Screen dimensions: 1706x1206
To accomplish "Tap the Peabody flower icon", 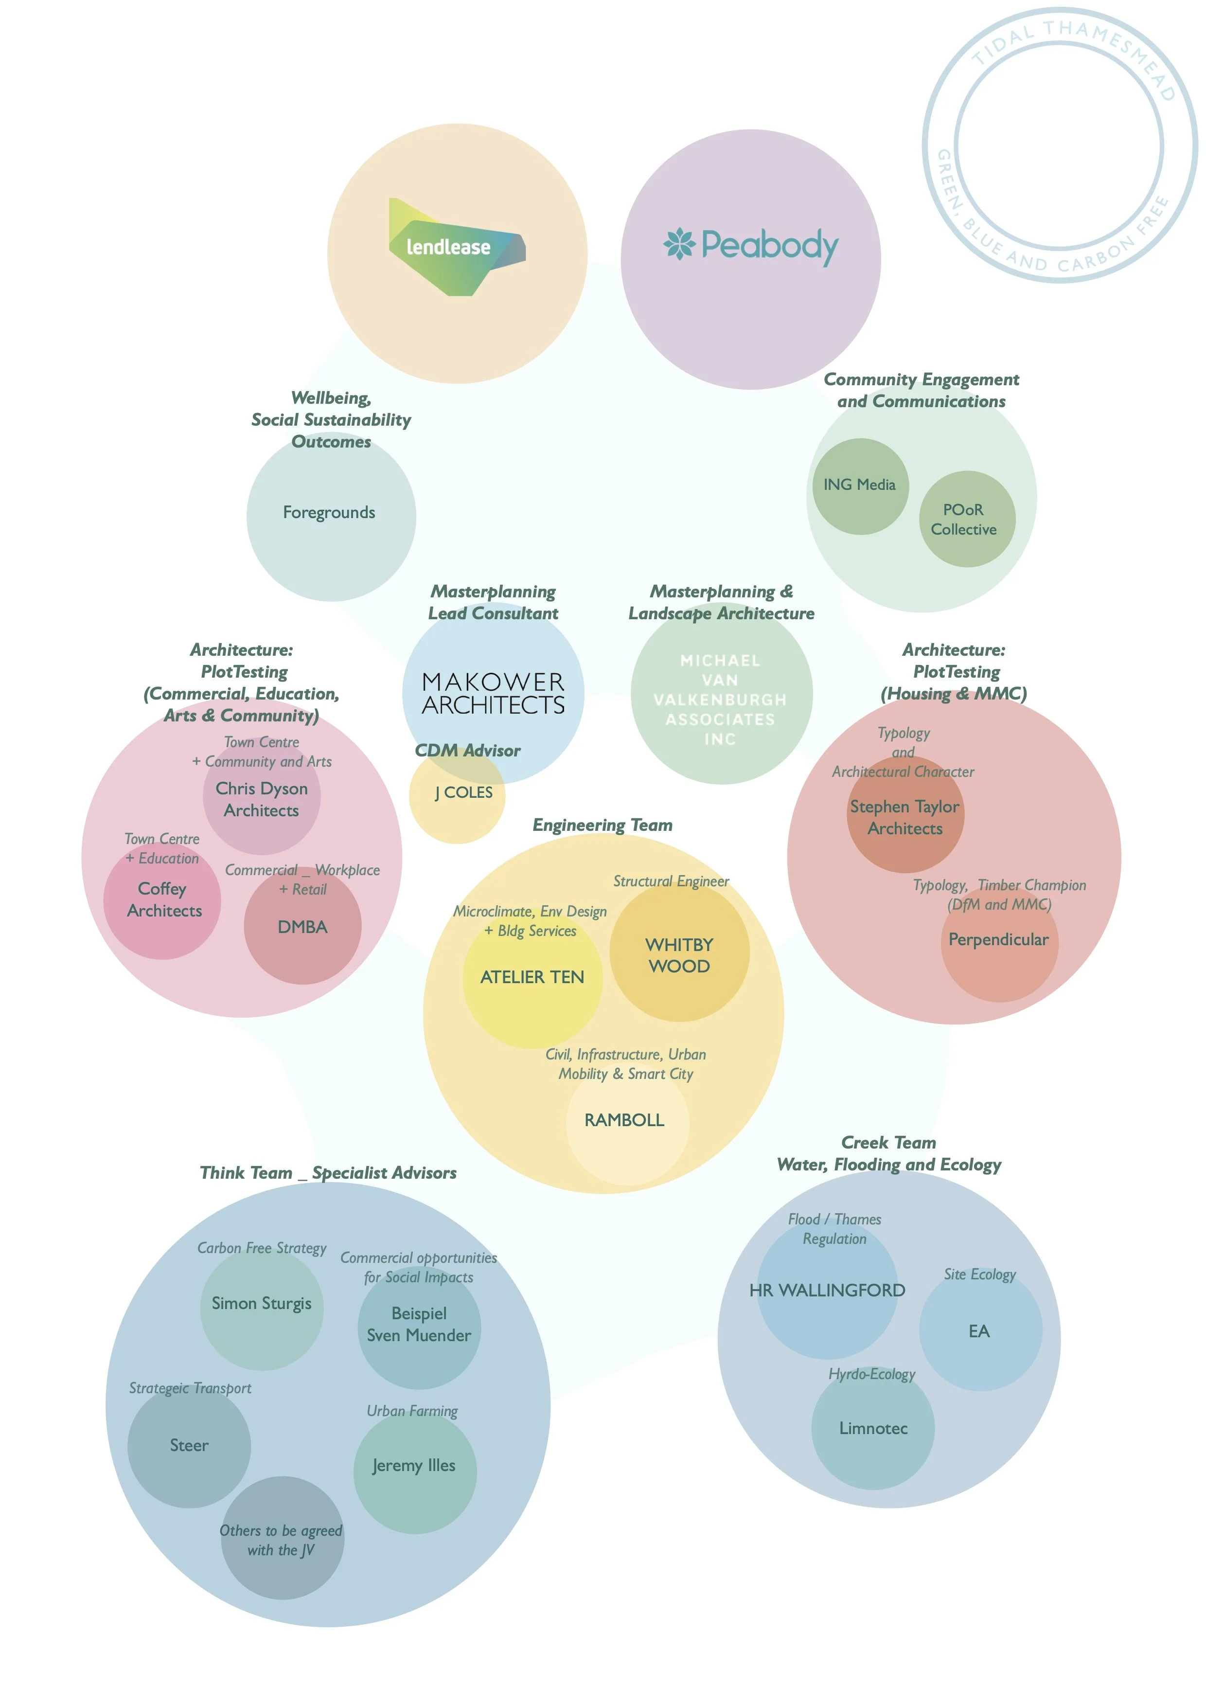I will [679, 245].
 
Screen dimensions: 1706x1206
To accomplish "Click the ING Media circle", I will [860, 486].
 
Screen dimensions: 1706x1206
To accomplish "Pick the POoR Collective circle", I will [966, 520].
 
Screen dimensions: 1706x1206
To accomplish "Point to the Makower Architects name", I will [493, 693].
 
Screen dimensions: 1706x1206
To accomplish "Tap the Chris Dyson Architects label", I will [262, 800].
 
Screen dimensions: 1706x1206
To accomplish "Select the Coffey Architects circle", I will [162, 900].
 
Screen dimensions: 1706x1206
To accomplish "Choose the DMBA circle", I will [302, 927].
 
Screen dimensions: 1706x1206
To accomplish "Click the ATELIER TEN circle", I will [532, 977].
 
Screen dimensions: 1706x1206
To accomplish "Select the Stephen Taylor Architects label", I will [904, 817].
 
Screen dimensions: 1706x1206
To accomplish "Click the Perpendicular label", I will [998, 940].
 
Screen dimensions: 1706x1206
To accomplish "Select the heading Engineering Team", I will [602, 826].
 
